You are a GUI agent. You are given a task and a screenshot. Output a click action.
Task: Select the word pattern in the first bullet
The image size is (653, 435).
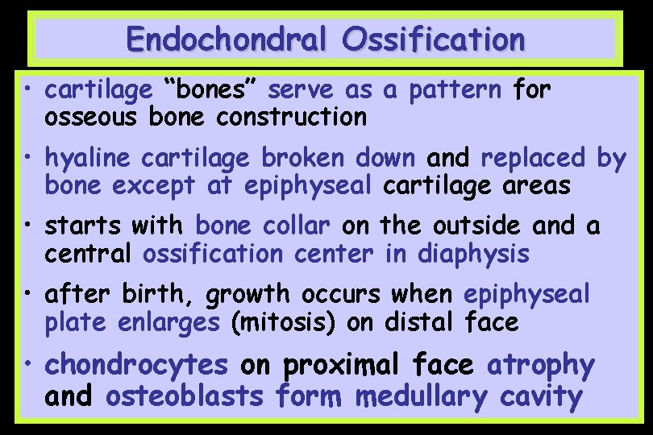(455, 91)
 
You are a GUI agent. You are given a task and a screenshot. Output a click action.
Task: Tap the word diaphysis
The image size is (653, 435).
(473, 254)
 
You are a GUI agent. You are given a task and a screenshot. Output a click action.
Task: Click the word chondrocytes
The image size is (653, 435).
(137, 366)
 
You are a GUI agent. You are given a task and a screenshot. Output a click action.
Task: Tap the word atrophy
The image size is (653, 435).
(540, 367)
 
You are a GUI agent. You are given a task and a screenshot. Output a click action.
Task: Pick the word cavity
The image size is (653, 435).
(541, 397)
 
